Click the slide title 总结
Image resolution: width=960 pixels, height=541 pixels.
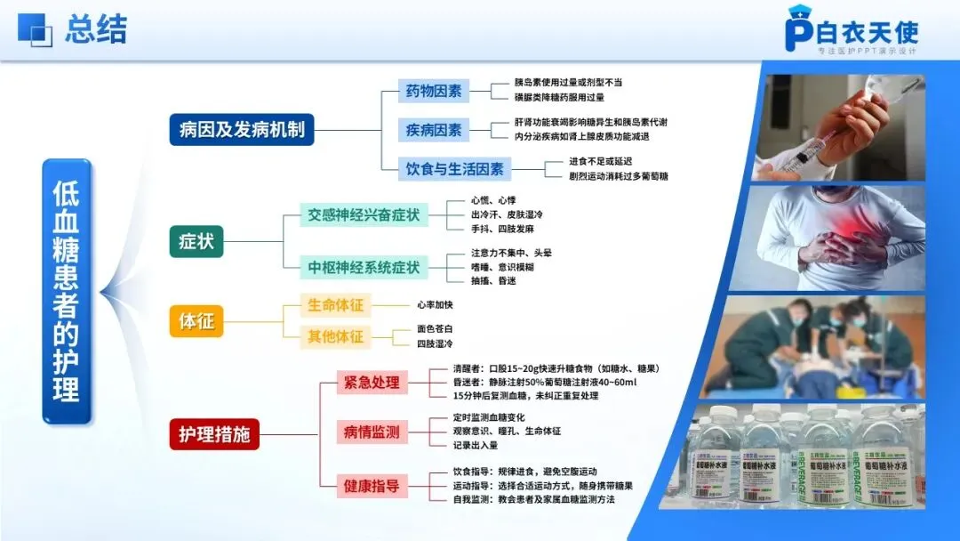pyautogui.click(x=96, y=28)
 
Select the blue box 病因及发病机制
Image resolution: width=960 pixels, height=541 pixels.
pyautogui.click(x=242, y=129)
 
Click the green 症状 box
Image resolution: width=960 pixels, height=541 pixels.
pyautogui.click(x=196, y=240)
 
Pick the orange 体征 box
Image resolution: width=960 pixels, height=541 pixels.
pyautogui.click(x=196, y=321)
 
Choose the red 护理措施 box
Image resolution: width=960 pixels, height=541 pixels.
pyautogui.click(x=214, y=435)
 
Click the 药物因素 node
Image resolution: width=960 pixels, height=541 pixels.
pyautogui.click(x=434, y=91)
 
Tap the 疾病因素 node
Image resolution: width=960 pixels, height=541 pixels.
pyautogui.click(x=434, y=130)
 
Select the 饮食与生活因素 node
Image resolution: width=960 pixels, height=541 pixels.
pyautogui.click(x=454, y=168)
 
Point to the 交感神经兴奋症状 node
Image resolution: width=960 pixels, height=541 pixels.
pyautogui.click(x=363, y=215)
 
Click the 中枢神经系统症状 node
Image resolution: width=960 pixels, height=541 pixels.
pyautogui.click(x=363, y=267)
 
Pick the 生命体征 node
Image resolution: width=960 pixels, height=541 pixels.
pyautogui.click(x=335, y=305)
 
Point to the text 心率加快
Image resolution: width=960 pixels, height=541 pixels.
pyautogui.click(x=435, y=305)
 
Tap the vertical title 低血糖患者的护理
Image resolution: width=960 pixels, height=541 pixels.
pyautogui.click(x=67, y=291)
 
